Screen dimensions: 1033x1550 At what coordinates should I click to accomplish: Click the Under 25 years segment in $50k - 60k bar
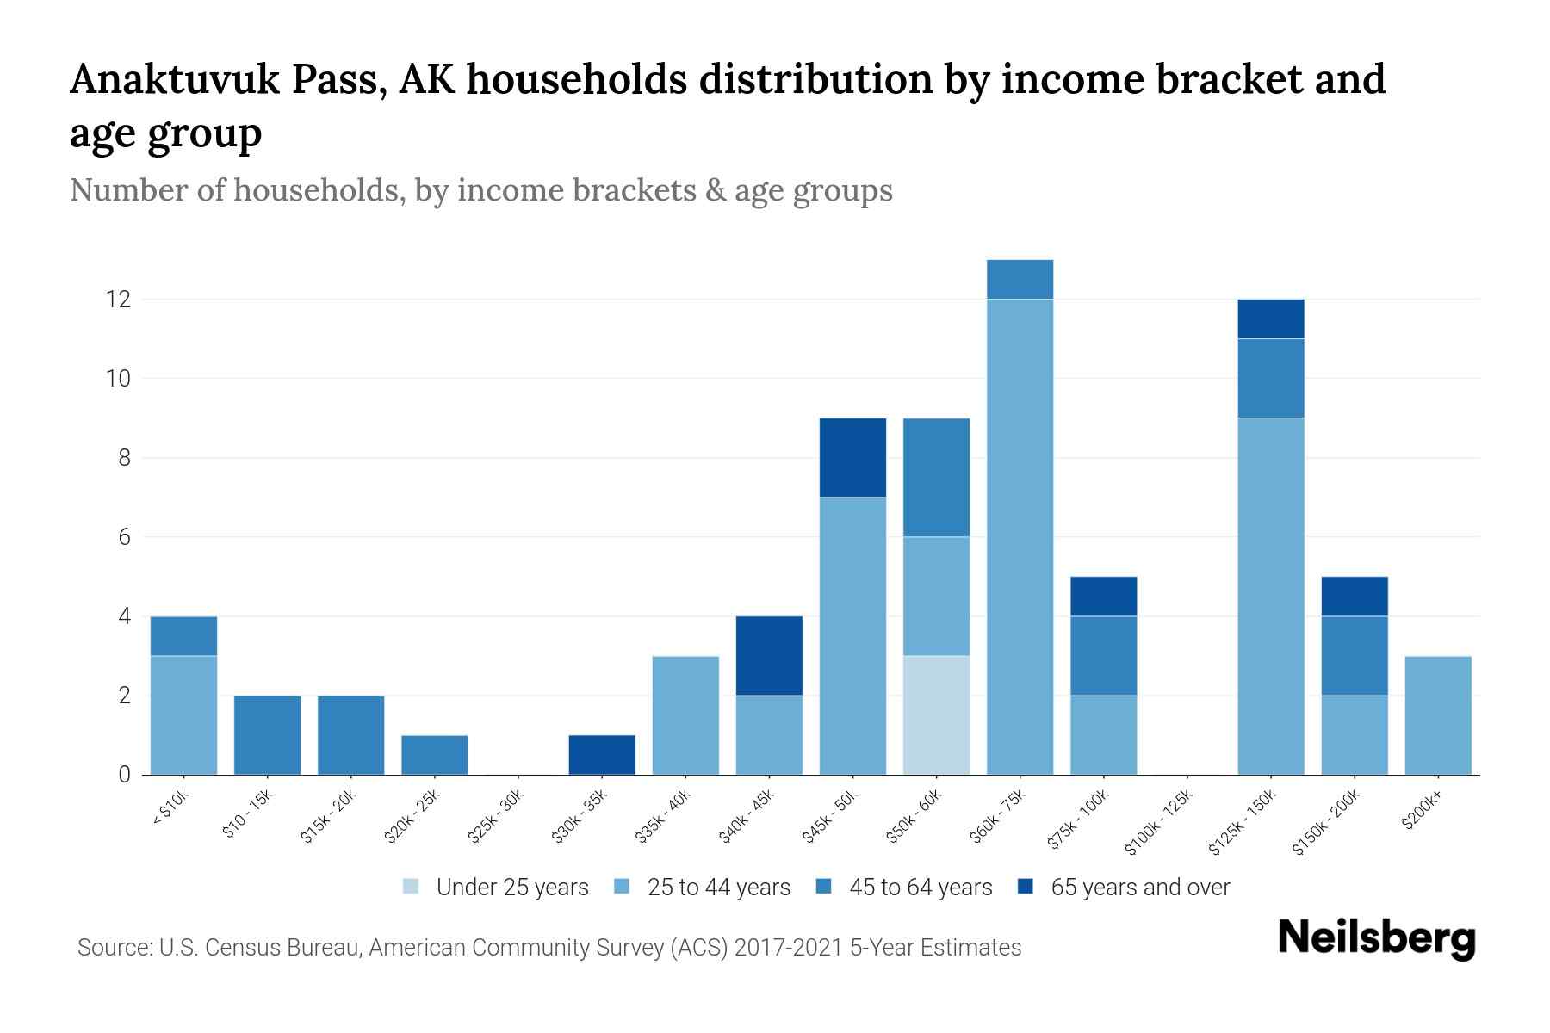pos(936,715)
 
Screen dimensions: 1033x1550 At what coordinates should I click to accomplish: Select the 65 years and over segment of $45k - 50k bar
pos(852,457)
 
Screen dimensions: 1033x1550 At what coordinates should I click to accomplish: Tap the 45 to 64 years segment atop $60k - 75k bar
pos(1020,279)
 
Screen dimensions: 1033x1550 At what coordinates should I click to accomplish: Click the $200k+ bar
pos(1437,715)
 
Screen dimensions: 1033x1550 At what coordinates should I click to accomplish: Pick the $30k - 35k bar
pos(602,755)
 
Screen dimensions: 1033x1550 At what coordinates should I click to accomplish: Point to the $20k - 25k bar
pos(435,755)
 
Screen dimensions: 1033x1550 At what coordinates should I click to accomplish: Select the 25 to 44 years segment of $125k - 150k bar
pos(1270,596)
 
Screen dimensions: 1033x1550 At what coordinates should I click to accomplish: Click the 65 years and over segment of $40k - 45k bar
pos(769,656)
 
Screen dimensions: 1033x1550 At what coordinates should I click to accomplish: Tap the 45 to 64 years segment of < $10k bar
pos(183,636)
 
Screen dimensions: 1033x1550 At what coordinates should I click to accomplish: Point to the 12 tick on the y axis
pos(118,300)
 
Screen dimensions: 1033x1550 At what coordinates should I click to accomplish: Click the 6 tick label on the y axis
pos(124,537)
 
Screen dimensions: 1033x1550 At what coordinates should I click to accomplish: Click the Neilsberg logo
pos(1376,938)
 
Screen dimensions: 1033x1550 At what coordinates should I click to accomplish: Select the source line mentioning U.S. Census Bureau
pos(549,948)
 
